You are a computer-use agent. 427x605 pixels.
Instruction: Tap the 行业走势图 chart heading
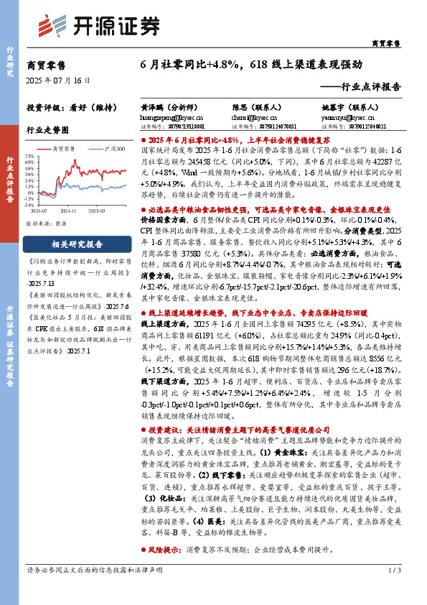tap(47, 130)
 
